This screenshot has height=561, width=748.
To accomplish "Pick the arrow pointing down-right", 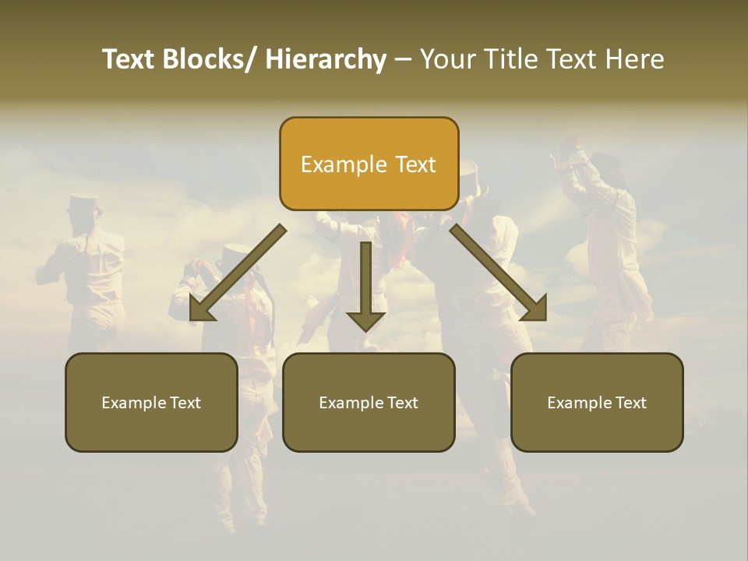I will pos(499,273).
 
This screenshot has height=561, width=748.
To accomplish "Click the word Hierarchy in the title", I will pos(326,60).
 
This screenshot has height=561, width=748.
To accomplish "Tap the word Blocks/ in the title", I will pos(210,60).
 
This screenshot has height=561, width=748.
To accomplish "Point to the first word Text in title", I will pos(129,60).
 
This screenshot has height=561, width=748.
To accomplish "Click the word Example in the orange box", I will pos(344,164).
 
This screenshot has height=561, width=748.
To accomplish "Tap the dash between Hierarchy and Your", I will pos(403,60).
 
